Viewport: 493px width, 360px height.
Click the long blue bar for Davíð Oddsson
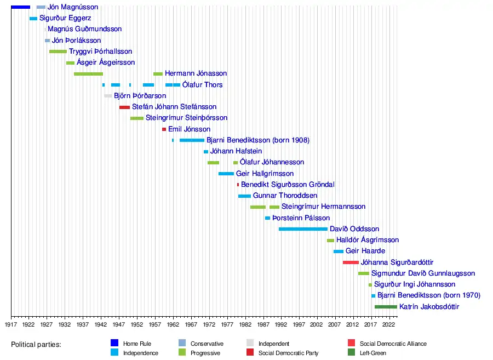click(303, 229)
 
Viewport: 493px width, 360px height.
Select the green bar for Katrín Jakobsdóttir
click(386, 307)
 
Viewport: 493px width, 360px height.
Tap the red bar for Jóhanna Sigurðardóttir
click(351, 262)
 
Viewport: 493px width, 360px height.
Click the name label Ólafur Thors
click(203, 85)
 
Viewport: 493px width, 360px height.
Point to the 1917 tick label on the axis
click(11, 324)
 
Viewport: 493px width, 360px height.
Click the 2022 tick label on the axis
click(389, 324)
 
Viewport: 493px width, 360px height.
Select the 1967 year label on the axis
click(191, 324)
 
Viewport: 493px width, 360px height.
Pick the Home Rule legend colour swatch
click(114, 344)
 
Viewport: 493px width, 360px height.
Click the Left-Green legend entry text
click(373, 353)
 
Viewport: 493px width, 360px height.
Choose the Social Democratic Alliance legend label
click(393, 344)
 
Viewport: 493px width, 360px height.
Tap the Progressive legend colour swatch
click(182, 353)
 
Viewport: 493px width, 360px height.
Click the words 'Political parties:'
click(36, 345)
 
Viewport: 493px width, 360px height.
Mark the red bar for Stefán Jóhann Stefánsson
click(124, 107)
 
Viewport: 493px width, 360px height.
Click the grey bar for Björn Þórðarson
click(108, 96)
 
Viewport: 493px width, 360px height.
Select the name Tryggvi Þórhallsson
click(101, 52)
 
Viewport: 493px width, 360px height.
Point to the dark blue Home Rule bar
click(20, 7)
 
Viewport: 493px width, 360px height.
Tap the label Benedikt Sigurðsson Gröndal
click(288, 185)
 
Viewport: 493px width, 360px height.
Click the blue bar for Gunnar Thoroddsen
click(244, 196)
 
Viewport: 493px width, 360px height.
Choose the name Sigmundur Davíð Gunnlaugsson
click(423, 273)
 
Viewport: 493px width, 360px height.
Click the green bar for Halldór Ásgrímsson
click(330, 241)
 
